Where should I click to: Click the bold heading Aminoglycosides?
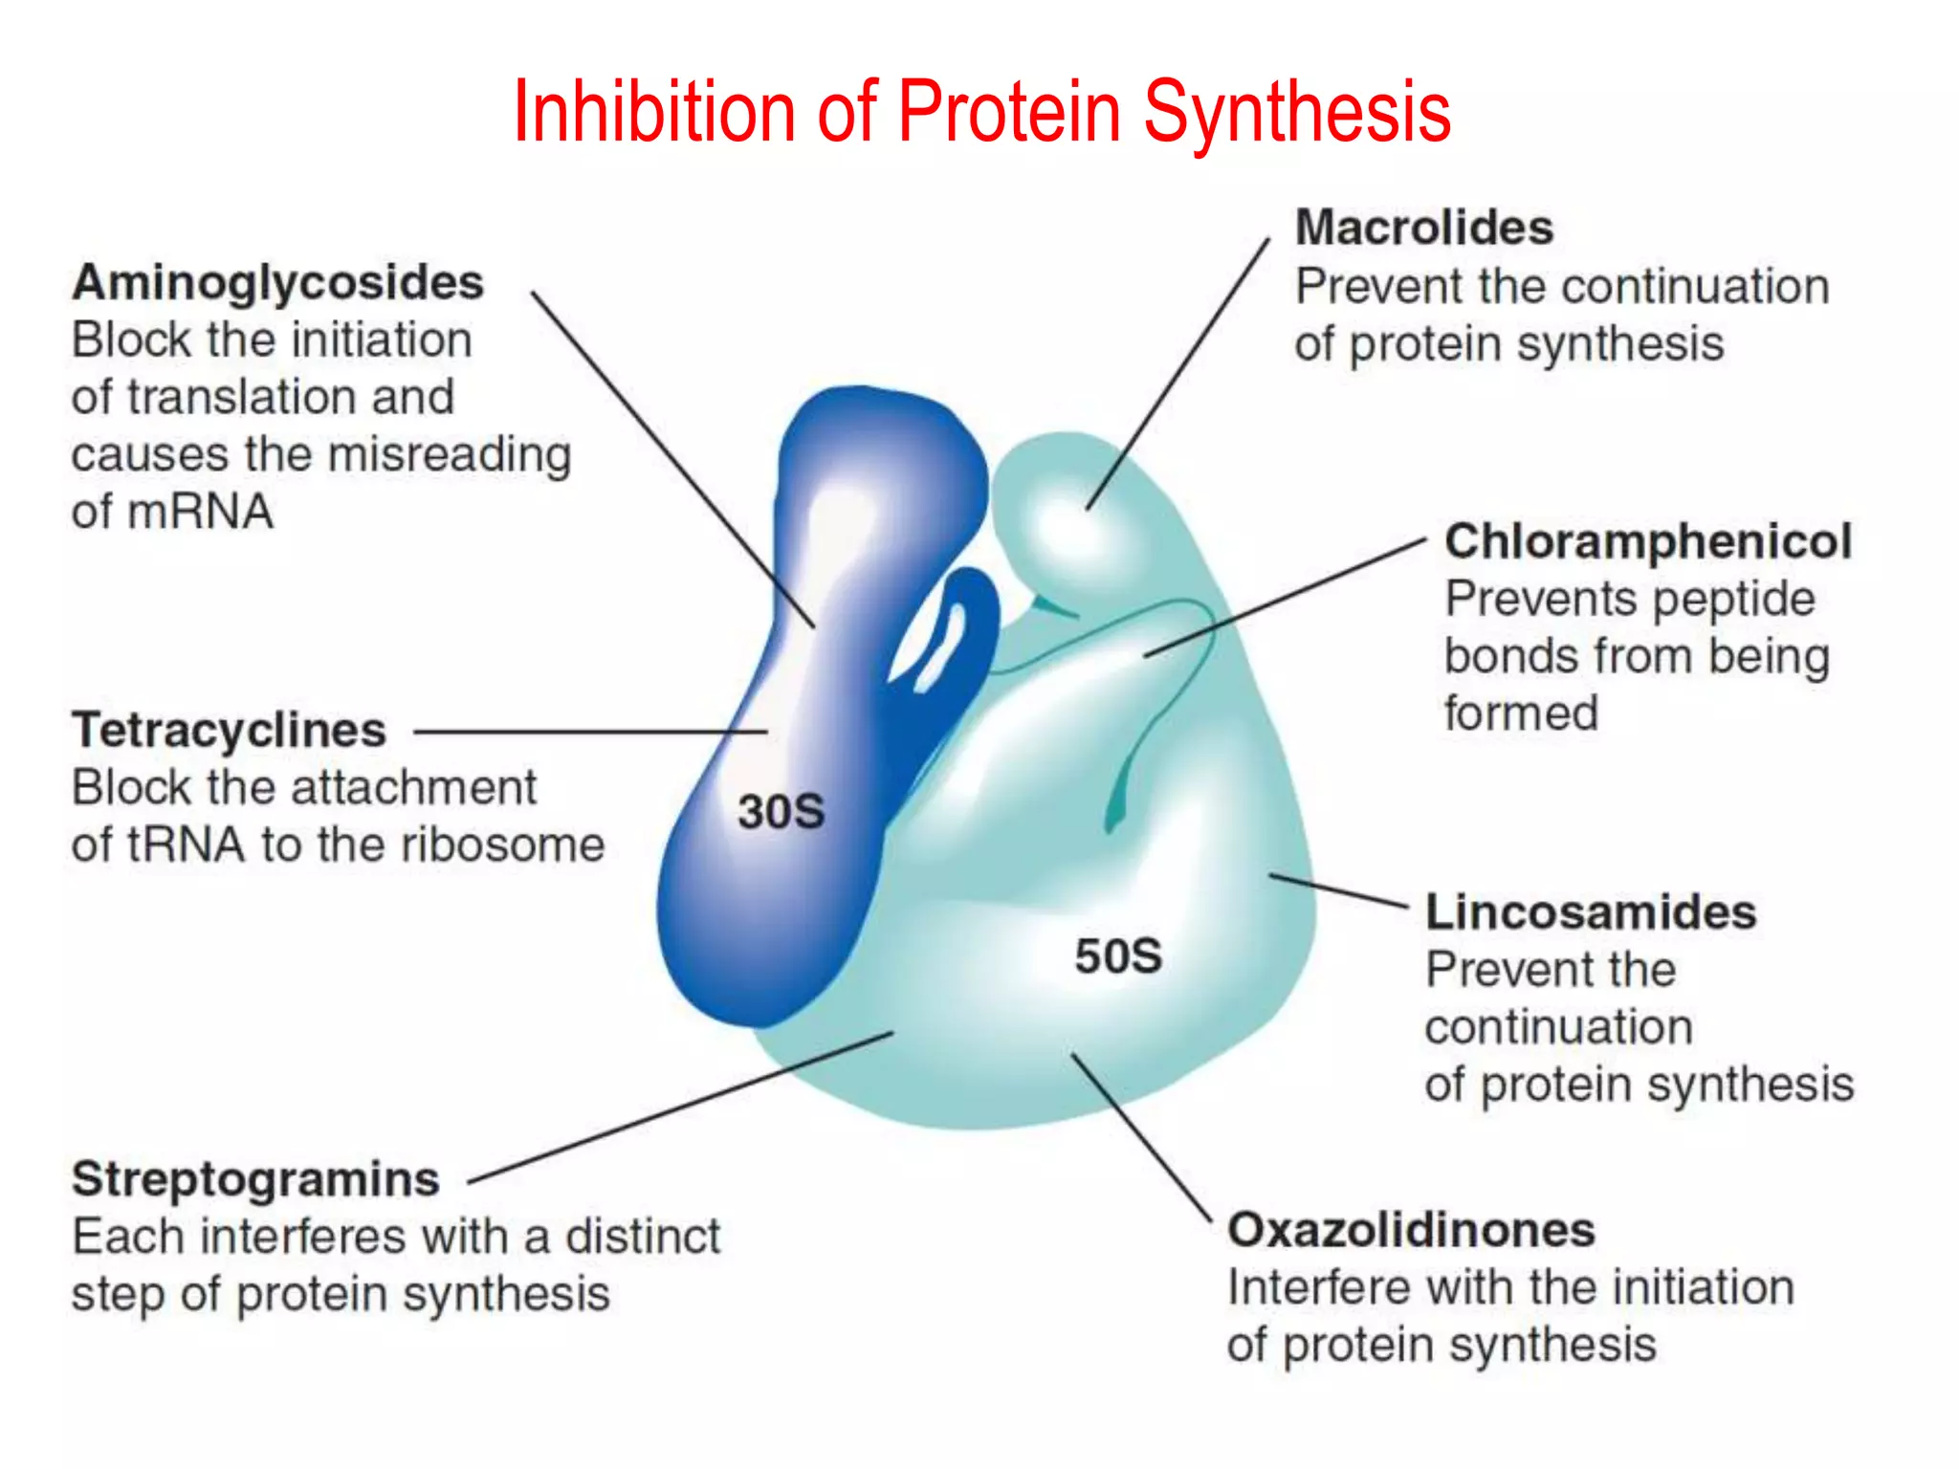277,283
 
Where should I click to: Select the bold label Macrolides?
1423,229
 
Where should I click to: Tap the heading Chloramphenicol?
1647,541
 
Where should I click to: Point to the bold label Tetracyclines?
229,731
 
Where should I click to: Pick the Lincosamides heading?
1590,912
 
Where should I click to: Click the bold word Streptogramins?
255,1179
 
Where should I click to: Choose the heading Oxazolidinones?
1411,1231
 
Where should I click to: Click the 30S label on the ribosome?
781,812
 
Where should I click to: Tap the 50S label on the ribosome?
1117,956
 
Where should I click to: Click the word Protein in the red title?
1009,113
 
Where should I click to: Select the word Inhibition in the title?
653,113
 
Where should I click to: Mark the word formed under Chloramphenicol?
1521,713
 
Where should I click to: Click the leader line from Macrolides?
1178,373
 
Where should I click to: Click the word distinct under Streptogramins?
643,1237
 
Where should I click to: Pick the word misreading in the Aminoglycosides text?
450,455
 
